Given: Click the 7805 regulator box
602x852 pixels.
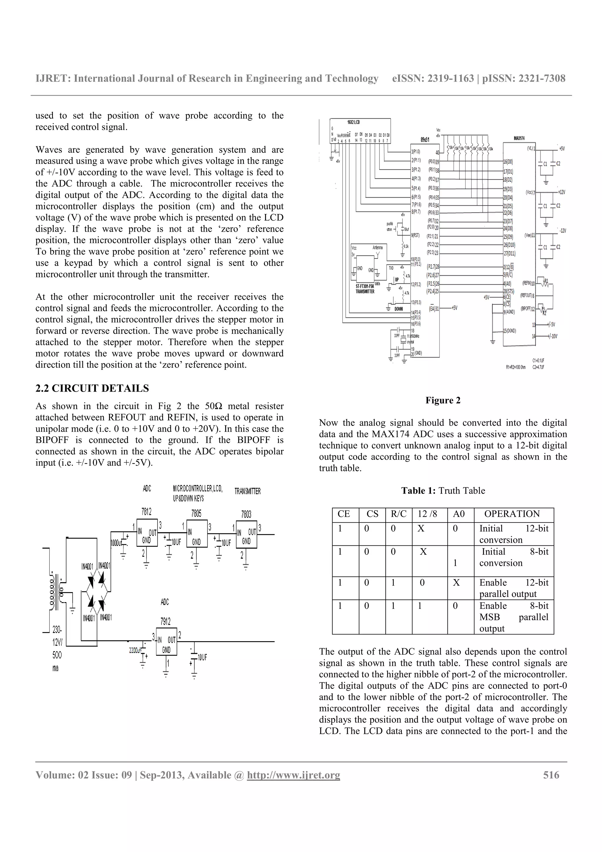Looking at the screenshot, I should [197, 537].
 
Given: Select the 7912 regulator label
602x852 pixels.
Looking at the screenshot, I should [165, 621].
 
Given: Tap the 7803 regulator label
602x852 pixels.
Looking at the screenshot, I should [246, 514].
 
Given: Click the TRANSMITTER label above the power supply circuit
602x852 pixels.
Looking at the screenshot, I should [248, 491].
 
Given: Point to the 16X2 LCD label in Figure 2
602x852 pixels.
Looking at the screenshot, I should [353, 122].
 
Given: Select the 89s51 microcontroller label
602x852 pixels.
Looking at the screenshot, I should [425, 140].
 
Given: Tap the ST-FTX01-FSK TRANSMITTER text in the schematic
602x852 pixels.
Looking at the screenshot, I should [365, 289].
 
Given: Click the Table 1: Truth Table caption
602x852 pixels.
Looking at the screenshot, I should [443, 491].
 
